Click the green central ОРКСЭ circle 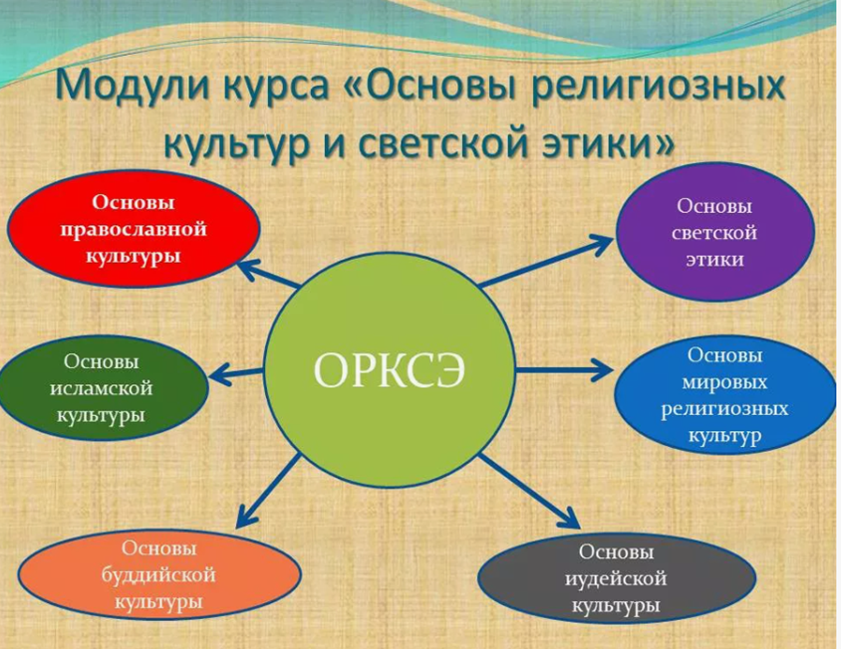390,369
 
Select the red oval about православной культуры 134,229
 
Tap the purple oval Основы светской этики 715,232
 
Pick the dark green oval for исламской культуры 102,388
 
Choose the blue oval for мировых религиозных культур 724,395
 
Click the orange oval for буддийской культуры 158,575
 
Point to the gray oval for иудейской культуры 616,578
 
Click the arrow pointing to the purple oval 546,261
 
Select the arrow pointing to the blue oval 564,369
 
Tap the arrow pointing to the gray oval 529,491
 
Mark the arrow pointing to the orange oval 268,490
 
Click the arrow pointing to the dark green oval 236,372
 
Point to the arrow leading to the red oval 268,274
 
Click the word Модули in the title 134,87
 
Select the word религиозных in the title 659,86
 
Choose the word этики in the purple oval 715,260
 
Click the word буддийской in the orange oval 158,575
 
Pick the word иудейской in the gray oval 616,578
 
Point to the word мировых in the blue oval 724,382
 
